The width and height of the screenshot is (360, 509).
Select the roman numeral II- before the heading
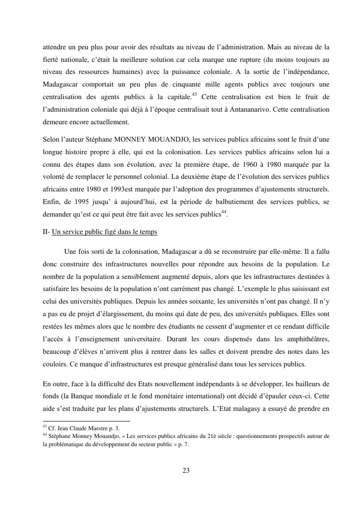[x=46, y=232]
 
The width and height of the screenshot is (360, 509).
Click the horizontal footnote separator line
[x=86, y=422]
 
